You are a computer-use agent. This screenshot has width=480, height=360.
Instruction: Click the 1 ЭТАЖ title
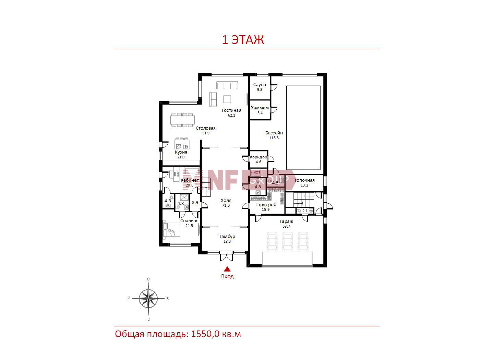[x=243, y=40]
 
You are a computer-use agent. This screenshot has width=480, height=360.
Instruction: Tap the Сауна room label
[x=260, y=85]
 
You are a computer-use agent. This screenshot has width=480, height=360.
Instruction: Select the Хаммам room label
[x=260, y=108]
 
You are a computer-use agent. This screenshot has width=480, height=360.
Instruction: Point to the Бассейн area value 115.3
[x=274, y=138]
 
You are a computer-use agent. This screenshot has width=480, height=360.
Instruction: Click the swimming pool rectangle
[x=303, y=128]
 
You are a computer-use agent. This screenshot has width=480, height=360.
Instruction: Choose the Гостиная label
[x=231, y=110]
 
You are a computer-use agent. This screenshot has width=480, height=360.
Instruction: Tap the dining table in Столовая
[x=183, y=120]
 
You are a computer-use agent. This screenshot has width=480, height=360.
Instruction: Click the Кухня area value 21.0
[x=181, y=157]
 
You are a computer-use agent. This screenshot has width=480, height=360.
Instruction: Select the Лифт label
[x=255, y=172]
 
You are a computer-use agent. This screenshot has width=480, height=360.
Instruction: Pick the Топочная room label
[x=304, y=180]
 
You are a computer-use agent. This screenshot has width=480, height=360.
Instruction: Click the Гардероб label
[x=266, y=205]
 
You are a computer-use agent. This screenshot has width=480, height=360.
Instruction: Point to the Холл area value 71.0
[x=226, y=205]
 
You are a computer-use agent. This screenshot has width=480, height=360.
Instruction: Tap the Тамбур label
[x=227, y=237]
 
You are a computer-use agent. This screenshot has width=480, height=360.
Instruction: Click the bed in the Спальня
[x=171, y=230]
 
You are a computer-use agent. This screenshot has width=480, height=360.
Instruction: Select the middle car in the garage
[x=287, y=241]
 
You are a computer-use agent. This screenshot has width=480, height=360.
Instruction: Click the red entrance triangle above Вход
[x=227, y=269]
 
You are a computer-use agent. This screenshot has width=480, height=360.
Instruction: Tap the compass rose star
[x=148, y=299]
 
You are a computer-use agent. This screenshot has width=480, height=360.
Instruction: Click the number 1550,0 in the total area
[x=205, y=334]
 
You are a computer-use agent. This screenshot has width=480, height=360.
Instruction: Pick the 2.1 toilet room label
[x=305, y=211]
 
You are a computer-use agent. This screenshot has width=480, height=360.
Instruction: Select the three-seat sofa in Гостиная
[x=227, y=85]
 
